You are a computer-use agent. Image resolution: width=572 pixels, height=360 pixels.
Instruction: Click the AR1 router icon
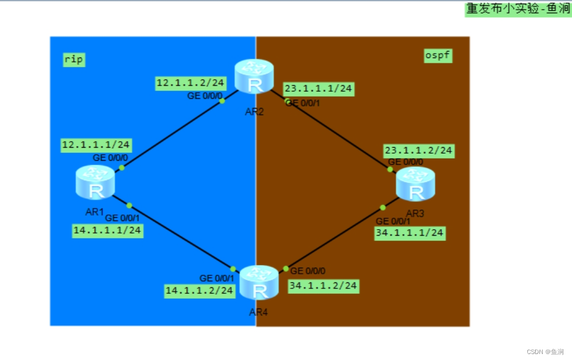tap(96, 182)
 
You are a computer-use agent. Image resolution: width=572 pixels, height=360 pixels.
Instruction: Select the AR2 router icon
tap(254, 77)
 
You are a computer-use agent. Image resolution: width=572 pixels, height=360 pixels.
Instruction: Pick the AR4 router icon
tap(259, 282)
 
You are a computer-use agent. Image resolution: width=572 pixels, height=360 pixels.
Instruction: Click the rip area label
tap(74, 59)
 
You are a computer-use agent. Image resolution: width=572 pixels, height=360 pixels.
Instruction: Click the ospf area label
tap(438, 55)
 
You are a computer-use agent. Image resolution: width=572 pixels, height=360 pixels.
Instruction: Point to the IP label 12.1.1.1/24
tap(96, 145)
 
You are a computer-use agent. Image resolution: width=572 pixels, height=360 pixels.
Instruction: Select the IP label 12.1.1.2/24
tap(190, 83)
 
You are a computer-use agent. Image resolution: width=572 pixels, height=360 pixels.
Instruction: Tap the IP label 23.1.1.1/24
tap(318, 89)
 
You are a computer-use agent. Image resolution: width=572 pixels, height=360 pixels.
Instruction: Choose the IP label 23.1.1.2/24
tap(419, 150)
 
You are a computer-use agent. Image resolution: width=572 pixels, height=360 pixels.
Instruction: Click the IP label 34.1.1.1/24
tap(410, 233)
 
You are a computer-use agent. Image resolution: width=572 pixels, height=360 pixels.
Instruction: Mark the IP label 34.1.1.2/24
tap(323, 285)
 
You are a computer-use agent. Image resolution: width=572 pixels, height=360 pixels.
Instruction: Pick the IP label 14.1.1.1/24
tap(108, 230)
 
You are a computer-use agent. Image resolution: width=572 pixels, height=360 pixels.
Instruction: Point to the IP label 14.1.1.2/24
tap(199, 290)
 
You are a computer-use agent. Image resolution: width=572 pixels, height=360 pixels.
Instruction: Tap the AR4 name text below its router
tap(259, 312)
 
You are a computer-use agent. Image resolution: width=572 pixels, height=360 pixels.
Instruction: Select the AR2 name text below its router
tap(254, 112)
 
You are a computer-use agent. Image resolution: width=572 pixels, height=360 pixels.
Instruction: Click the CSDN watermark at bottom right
tap(545, 352)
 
